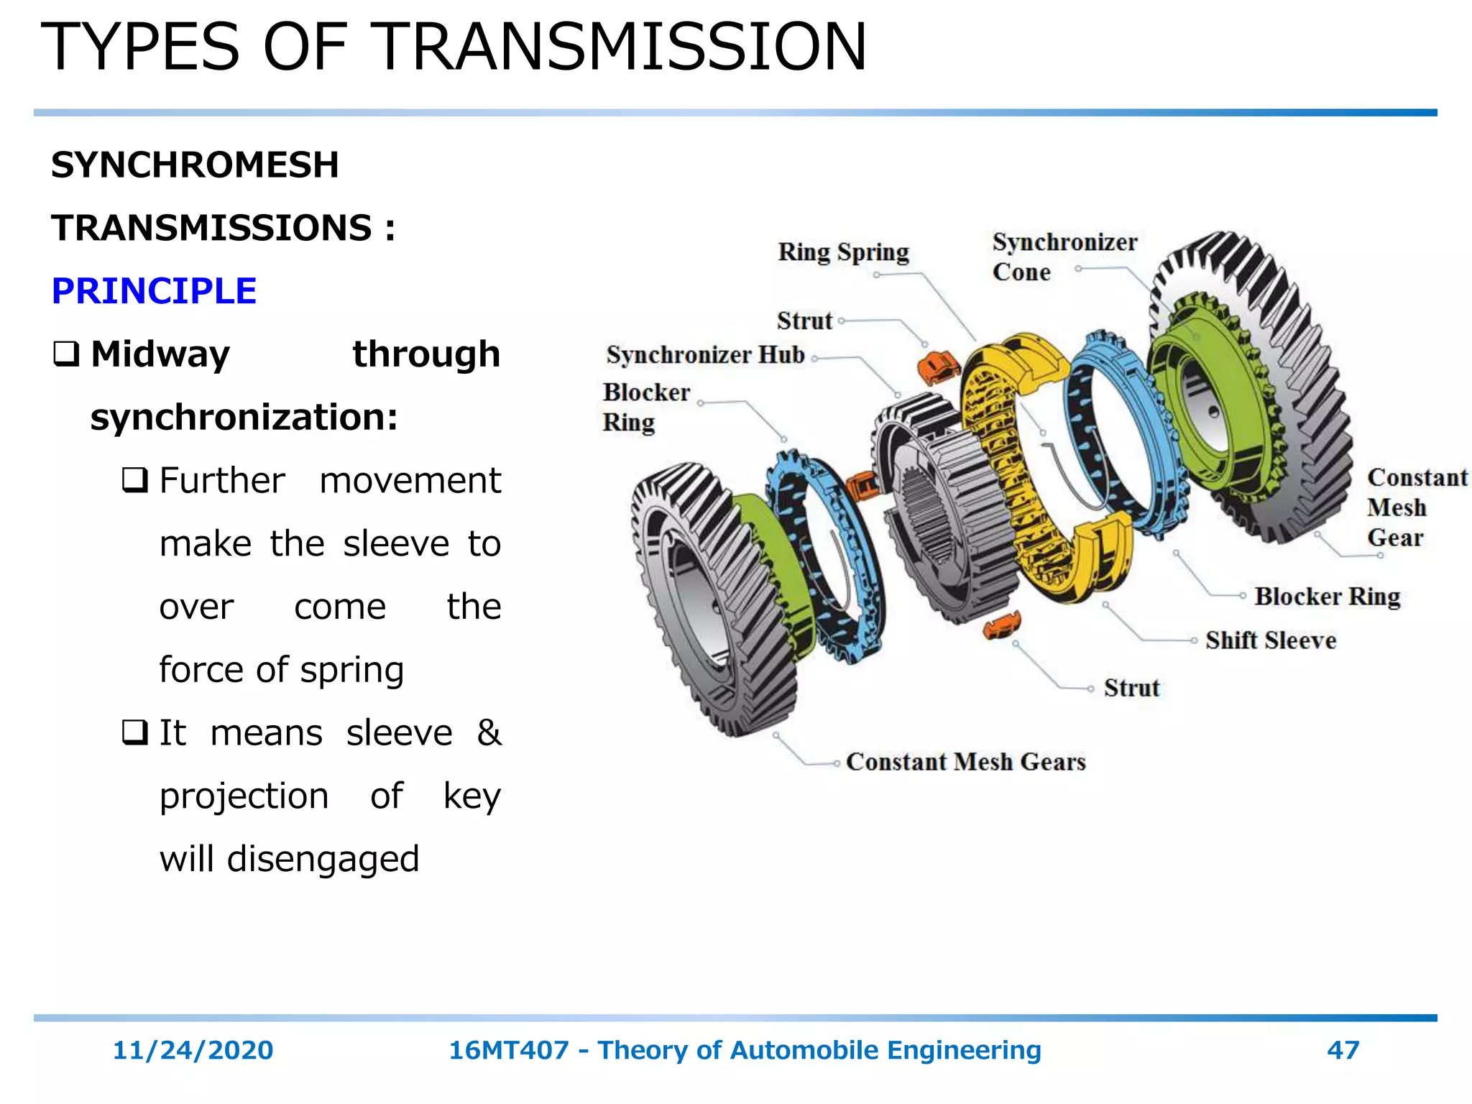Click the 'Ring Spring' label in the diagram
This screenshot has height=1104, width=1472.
843,252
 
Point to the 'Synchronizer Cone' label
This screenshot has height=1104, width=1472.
1064,257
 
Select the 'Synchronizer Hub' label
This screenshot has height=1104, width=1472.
705,355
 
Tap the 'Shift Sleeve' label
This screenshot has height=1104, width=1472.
1271,640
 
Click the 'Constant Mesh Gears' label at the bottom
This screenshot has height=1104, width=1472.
965,762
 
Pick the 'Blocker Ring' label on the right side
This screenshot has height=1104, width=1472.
1328,597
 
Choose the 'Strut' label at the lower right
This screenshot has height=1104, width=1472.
1131,688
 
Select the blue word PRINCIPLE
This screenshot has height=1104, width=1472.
154,291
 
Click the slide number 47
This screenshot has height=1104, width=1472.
1343,1050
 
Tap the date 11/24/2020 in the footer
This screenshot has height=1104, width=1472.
193,1050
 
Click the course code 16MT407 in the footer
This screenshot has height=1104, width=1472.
508,1050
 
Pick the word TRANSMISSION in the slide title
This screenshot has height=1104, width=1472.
621,47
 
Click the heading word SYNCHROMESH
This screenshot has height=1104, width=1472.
195,165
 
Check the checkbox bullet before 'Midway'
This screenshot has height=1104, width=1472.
66,354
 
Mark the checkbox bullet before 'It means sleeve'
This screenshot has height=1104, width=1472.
134,733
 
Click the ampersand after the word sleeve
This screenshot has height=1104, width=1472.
489,733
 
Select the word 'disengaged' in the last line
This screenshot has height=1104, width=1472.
323,860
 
